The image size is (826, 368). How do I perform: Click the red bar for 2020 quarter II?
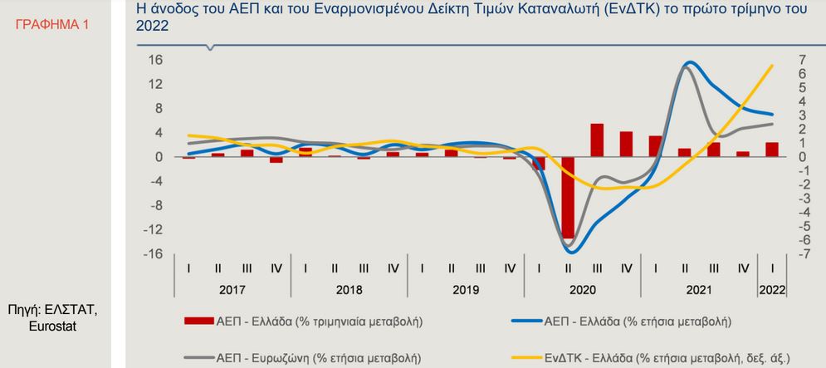point(568,198)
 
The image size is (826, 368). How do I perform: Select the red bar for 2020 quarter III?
point(597,140)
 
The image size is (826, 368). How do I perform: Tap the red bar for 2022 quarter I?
point(772,150)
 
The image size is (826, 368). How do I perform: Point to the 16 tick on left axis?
point(155,60)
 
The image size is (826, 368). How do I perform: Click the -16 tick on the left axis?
point(153,253)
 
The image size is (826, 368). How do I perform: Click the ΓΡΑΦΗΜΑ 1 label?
point(52,26)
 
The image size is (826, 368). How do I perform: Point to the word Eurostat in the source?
point(52,326)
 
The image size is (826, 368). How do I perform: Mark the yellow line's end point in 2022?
point(773,66)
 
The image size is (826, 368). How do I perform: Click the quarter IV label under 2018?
point(393,268)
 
